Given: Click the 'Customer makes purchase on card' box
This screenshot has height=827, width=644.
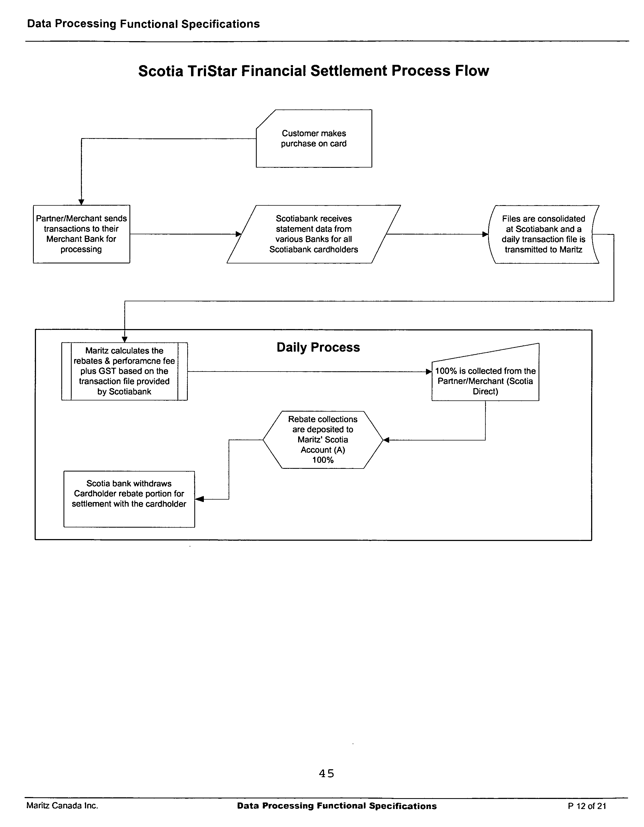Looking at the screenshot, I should click(314, 139).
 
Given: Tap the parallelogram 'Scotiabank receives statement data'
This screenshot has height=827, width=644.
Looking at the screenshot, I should click(314, 234).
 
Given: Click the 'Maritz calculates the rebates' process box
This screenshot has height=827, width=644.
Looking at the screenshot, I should click(124, 371).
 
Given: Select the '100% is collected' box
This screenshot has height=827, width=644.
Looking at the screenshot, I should click(485, 379).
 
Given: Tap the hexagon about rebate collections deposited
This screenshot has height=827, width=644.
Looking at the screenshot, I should click(323, 440).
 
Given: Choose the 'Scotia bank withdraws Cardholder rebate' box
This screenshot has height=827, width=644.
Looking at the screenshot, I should click(129, 499).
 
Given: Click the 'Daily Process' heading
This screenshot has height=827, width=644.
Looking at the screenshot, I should click(318, 347).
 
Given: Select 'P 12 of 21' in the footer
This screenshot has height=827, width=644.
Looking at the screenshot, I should click(587, 806).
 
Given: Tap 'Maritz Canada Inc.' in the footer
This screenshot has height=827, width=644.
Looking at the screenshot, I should click(62, 805).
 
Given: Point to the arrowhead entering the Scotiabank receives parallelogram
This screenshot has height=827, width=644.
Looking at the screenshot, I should click(238, 234).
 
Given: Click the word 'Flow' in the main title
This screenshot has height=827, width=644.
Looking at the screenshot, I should click(472, 71).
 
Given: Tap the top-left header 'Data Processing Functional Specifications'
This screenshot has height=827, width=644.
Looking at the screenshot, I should click(143, 24).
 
